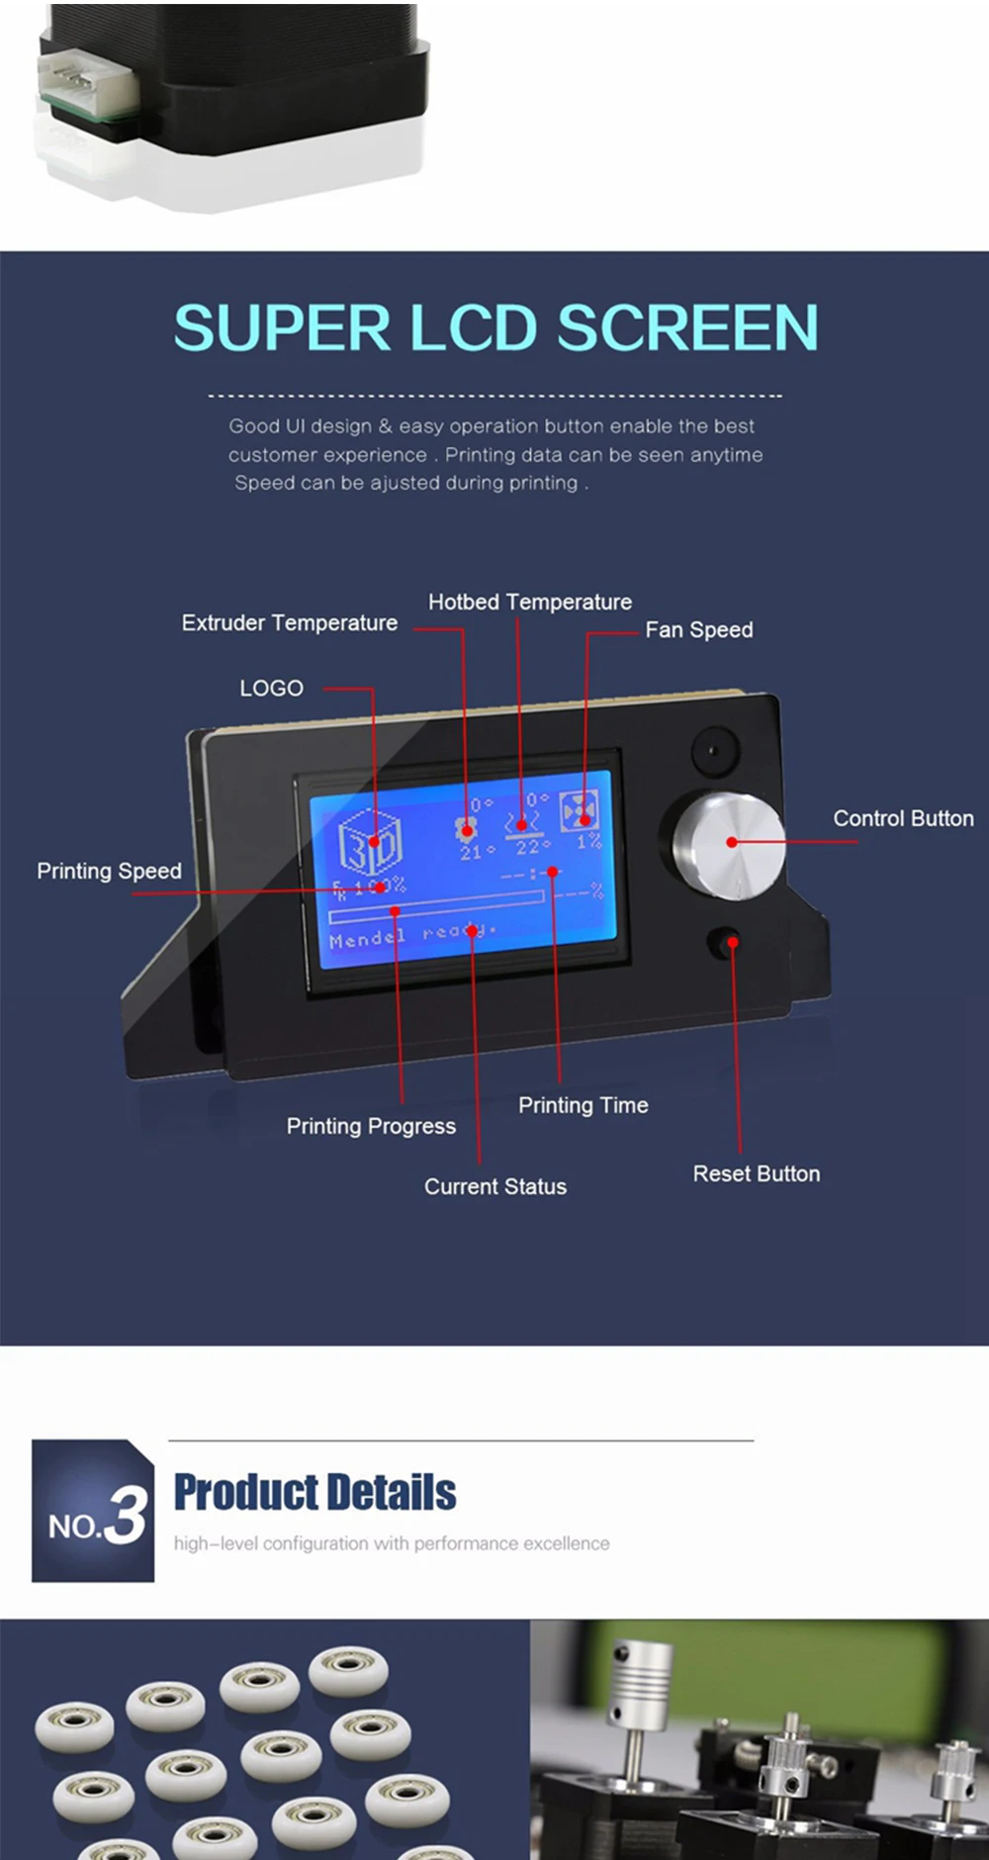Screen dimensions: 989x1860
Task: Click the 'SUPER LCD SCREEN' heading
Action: pyautogui.click(x=495, y=327)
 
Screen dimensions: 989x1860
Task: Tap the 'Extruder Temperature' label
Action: pyautogui.click(x=289, y=623)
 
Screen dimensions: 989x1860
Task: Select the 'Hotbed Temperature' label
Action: pyautogui.click(x=529, y=602)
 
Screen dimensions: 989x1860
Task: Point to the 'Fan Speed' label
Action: pyautogui.click(x=698, y=630)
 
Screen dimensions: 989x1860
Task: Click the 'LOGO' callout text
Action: pyautogui.click(x=271, y=689)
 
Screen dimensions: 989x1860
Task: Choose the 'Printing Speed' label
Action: pyautogui.click(x=109, y=872)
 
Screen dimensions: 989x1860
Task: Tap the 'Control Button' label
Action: pyautogui.click(x=902, y=819)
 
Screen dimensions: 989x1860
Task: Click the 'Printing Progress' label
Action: pyautogui.click(x=371, y=1126)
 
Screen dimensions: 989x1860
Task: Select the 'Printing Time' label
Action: pyautogui.click(x=583, y=1105)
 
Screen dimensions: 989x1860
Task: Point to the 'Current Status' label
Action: pyautogui.click(x=494, y=1186)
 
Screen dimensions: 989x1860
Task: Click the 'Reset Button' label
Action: pyautogui.click(x=756, y=1174)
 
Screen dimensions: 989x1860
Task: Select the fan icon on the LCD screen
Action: pyautogui.click(x=579, y=811)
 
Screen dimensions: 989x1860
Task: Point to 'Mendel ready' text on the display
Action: pyautogui.click(x=411, y=936)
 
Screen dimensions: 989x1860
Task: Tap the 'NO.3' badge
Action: pyautogui.click(x=93, y=1511)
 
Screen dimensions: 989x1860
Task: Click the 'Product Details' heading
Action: pyautogui.click(x=315, y=1493)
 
